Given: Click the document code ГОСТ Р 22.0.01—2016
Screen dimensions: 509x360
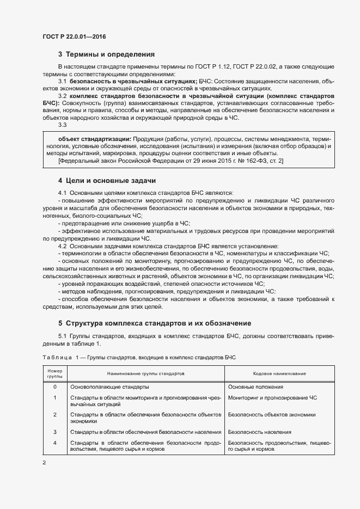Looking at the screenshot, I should (74, 36).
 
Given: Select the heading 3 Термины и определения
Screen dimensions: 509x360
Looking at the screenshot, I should (106, 54).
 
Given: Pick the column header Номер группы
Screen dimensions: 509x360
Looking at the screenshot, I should (54, 373).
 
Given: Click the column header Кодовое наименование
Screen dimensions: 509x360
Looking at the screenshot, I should (279, 374).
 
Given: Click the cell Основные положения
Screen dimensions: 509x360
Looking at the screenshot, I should (255, 387).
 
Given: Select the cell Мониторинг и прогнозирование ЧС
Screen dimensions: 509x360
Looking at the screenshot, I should (272, 397).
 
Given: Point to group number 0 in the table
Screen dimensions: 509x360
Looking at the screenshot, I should (54, 387).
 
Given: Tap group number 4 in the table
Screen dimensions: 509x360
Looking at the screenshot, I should (54, 443).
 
